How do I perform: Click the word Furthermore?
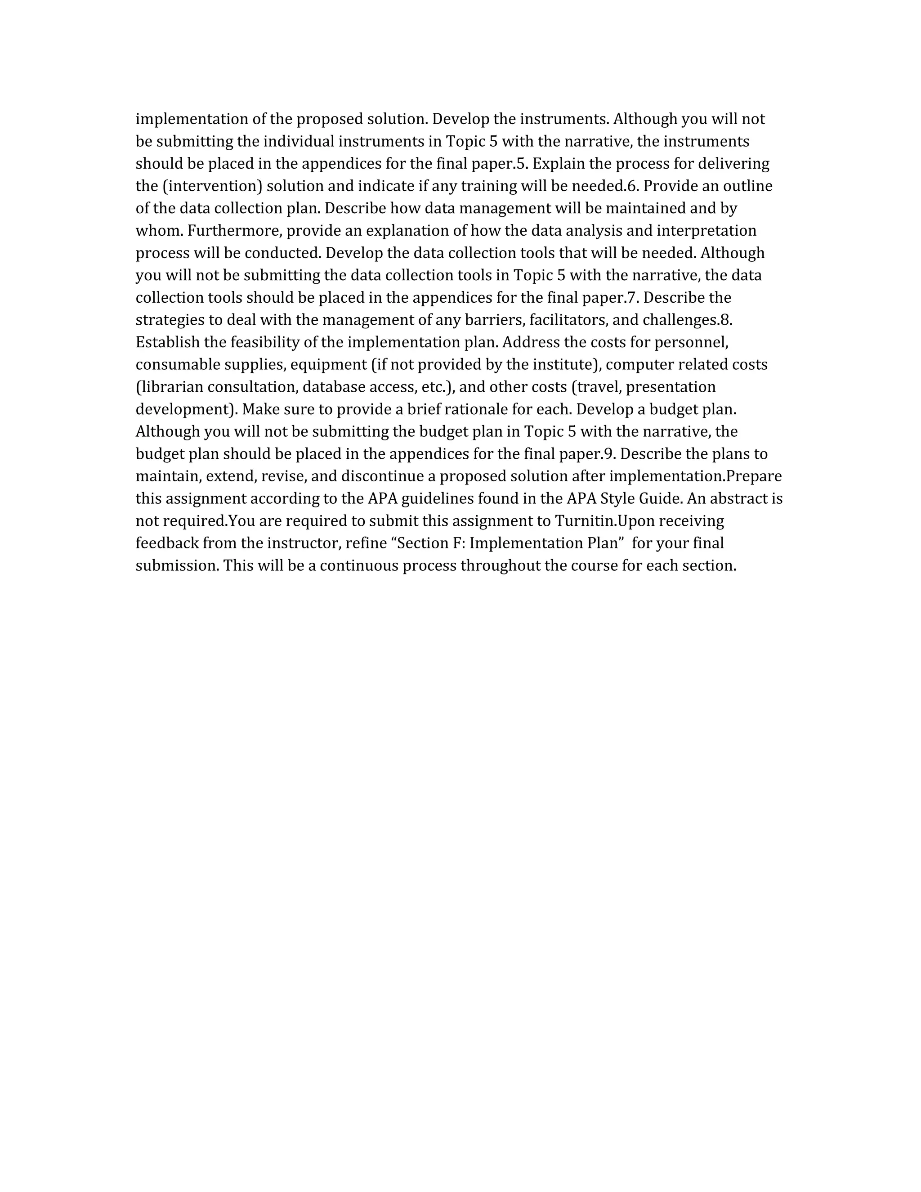coord(235,231)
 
